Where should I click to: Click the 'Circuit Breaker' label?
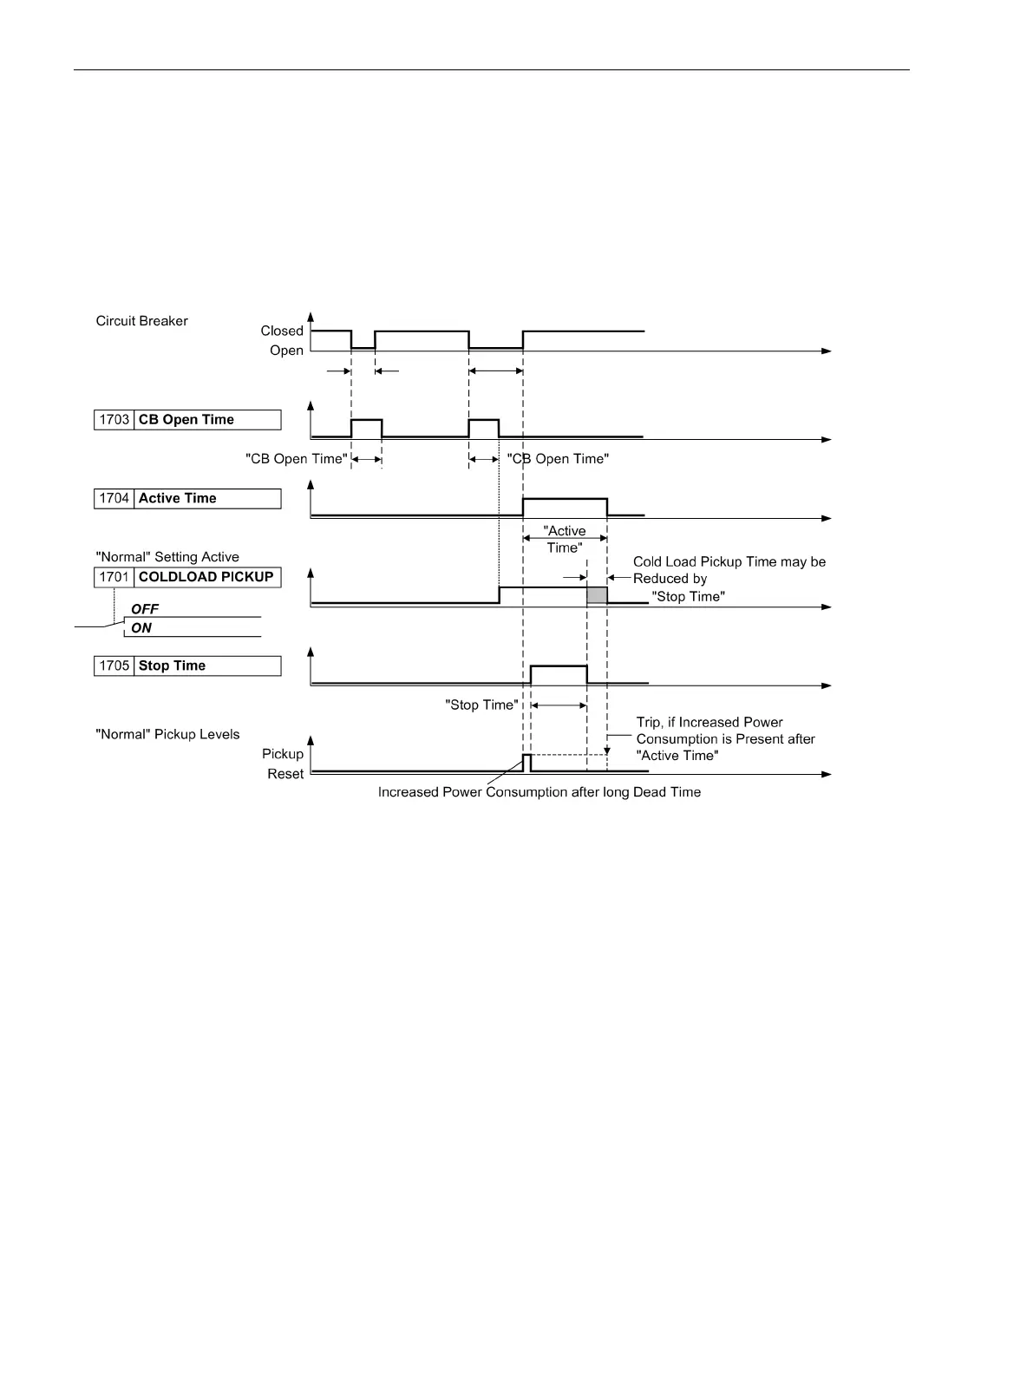coord(141,321)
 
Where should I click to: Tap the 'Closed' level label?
coord(282,331)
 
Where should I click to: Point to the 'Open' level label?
coord(286,351)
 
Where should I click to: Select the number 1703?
coord(114,420)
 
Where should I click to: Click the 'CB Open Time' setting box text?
coord(186,420)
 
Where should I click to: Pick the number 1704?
coord(114,499)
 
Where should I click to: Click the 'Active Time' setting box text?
coord(178,499)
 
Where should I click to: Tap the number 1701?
coord(114,577)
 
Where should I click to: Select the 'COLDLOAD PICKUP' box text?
coord(206,577)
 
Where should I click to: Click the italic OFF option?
coord(145,609)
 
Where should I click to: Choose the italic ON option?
coord(141,628)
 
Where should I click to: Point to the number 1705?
coord(114,666)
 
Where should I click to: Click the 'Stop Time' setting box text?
coord(172,666)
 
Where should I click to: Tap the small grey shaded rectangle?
coord(597,595)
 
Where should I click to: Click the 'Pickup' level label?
coord(283,754)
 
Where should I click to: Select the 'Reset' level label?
coord(285,774)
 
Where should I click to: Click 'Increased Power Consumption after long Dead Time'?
coord(539,792)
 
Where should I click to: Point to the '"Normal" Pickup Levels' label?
coord(167,735)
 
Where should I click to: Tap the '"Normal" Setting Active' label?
coord(167,557)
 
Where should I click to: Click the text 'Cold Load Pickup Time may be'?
coord(729,562)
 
